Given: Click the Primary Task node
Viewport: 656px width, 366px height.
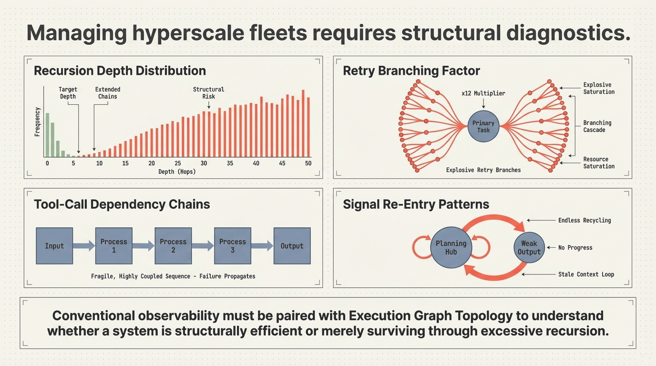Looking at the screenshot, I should click(483, 127).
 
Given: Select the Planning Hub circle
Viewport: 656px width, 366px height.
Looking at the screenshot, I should click(451, 247).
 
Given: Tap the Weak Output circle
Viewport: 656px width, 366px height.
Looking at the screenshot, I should click(529, 247).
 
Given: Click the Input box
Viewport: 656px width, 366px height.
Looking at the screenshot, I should click(54, 246).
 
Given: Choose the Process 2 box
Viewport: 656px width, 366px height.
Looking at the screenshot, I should click(173, 246).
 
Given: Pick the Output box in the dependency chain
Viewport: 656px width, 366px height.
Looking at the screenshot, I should click(292, 246).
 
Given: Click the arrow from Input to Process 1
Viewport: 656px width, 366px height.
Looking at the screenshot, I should click(84, 246).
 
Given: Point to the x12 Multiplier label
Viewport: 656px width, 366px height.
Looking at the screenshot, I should click(483, 93).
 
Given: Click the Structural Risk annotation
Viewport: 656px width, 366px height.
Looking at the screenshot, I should click(208, 93).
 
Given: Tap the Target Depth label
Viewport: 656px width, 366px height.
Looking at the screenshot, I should click(68, 93).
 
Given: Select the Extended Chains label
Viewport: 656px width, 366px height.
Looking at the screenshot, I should click(108, 93).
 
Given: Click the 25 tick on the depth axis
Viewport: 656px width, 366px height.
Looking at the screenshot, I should click(178, 163).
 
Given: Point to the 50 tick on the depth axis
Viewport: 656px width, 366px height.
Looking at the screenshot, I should click(308, 163).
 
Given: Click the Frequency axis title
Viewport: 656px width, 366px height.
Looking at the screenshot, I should click(37, 122).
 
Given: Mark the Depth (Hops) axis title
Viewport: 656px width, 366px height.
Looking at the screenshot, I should click(177, 172).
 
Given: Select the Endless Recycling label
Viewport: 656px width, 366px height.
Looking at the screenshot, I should click(584, 220).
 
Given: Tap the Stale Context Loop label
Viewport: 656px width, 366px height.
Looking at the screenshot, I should click(586, 274).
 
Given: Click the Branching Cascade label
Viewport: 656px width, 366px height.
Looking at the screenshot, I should click(597, 126).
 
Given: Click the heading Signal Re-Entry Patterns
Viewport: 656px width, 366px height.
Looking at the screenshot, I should click(416, 204).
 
